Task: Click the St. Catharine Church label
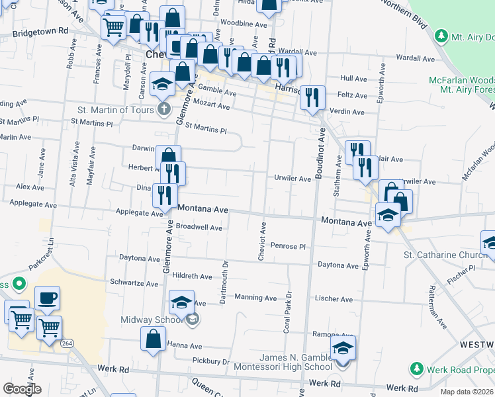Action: point(445,255)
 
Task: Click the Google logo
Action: point(22,389)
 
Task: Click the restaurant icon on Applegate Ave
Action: point(165,195)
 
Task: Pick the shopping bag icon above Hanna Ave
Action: point(153,339)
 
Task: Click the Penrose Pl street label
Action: point(287,246)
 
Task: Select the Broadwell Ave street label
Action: point(196,228)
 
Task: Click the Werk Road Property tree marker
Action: point(417,367)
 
